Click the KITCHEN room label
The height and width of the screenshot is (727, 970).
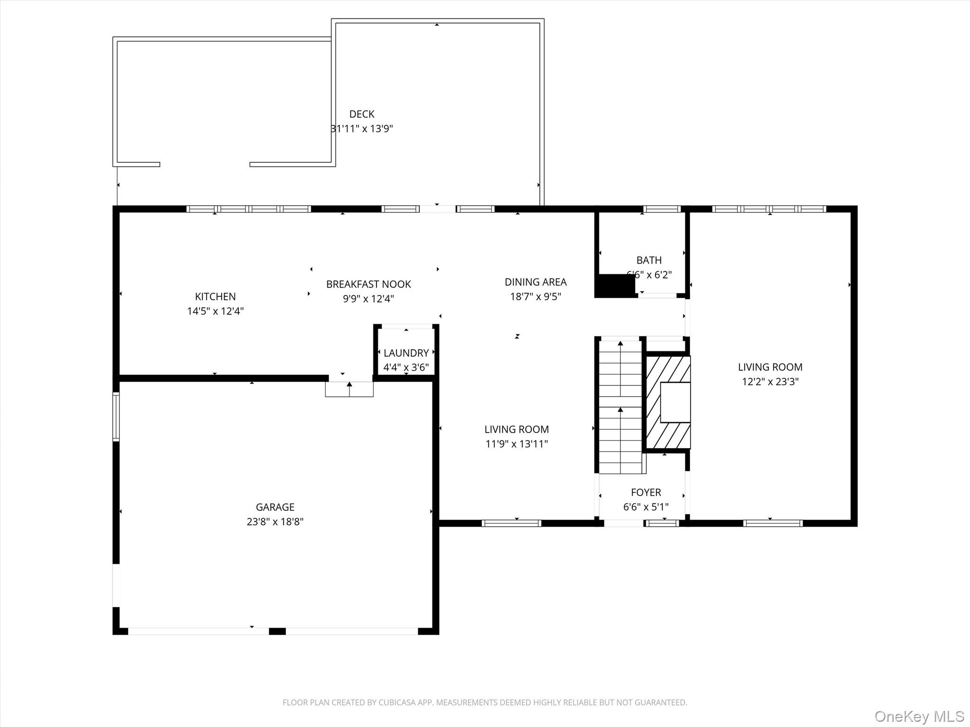pyautogui.click(x=215, y=296)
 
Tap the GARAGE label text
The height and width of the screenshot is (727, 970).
pyautogui.click(x=275, y=507)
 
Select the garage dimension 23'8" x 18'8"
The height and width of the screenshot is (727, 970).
pyautogui.click(x=275, y=522)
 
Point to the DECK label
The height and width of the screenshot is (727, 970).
pyautogui.click(x=362, y=114)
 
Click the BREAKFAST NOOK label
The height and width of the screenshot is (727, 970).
pyautogui.click(x=368, y=284)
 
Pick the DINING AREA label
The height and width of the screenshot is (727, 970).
pyautogui.click(x=535, y=282)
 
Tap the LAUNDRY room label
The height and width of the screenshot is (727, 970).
pyautogui.click(x=406, y=353)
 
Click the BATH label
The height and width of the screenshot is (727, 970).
pyautogui.click(x=649, y=260)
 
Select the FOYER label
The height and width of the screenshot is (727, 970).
pyautogui.click(x=646, y=492)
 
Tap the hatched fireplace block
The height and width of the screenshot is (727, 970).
pyautogui.click(x=668, y=402)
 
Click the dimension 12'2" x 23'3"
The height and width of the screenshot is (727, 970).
pyautogui.click(x=770, y=381)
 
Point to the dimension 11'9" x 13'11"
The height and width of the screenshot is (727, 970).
pyautogui.click(x=516, y=444)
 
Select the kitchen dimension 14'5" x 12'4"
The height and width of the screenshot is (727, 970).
pyautogui.click(x=215, y=311)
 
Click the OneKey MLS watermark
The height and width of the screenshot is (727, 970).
pyautogui.click(x=919, y=716)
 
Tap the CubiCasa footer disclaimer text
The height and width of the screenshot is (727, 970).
pyautogui.click(x=485, y=703)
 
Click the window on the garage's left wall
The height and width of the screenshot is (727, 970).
pyautogui.click(x=116, y=417)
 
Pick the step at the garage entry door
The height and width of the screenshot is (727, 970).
pyautogui.click(x=349, y=389)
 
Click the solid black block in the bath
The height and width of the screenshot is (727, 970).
pyautogui.click(x=615, y=286)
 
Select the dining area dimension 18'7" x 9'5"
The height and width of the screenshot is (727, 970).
pyautogui.click(x=535, y=297)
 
